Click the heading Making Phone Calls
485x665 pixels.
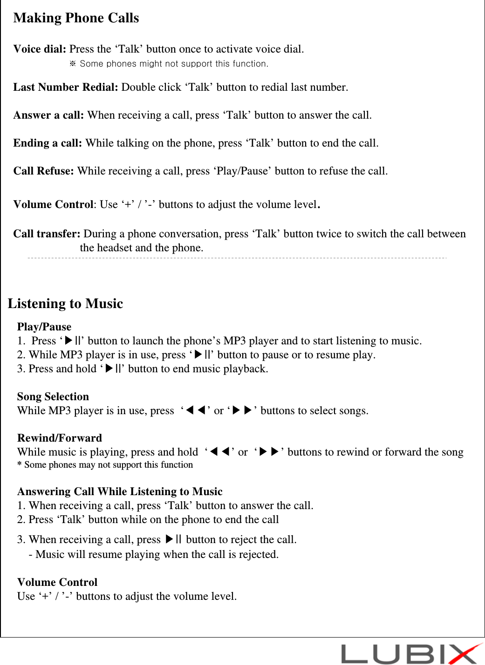point(76,18)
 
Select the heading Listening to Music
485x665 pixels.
point(65,303)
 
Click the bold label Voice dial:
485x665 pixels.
point(40,49)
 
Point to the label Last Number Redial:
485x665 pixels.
point(65,87)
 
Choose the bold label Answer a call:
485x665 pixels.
point(48,115)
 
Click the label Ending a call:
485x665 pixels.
point(48,143)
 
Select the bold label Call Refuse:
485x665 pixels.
point(43,171)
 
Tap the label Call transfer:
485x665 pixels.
point(47,234)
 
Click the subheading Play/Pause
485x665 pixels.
point(44,327)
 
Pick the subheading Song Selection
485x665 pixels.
point(53,396)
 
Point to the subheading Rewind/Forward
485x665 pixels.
point(60,438)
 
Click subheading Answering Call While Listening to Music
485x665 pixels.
point(120,491)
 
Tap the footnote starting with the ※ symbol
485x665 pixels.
point(169,64)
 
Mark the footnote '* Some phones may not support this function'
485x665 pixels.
point(105,464)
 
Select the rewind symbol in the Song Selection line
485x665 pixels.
point(195,410)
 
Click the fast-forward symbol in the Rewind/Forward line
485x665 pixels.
point(269,452)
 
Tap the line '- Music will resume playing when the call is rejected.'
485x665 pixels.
point(154,554)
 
